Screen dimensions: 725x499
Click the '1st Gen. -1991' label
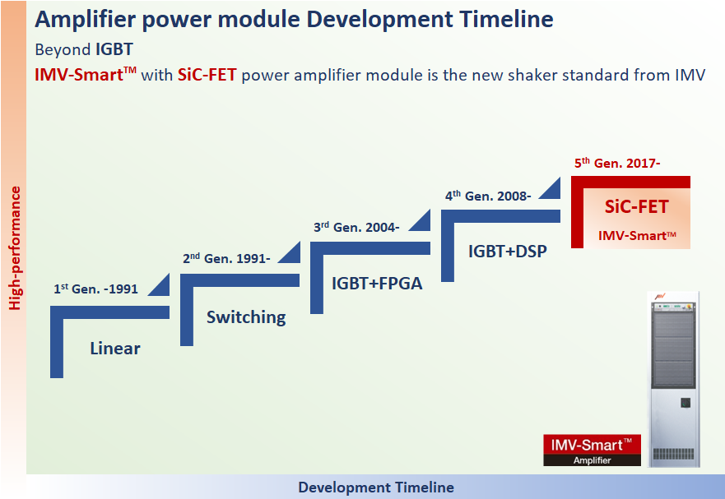point(95,289)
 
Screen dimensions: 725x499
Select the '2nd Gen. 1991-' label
point(226,258)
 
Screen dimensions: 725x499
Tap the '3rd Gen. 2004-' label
point(356,227)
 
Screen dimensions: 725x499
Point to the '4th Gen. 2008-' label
point(488,196)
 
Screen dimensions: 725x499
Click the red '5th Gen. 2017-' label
point(617,163)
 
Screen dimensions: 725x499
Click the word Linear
point(115,349)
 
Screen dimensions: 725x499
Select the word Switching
point(246,317)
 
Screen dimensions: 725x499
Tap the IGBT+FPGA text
point(377,284)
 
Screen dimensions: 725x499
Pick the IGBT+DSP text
point(508,252)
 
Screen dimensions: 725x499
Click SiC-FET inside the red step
point(637,206)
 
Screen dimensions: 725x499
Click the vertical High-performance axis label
point(15,248)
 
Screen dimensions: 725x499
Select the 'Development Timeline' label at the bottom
point(376,487)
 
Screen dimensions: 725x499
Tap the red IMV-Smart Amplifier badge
point(592,450)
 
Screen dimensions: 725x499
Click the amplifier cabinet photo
point(674,379)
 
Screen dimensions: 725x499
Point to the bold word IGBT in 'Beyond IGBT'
point(114,49)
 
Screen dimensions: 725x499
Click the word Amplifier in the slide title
point(86,20)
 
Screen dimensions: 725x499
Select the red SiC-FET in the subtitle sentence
point(207,75)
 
